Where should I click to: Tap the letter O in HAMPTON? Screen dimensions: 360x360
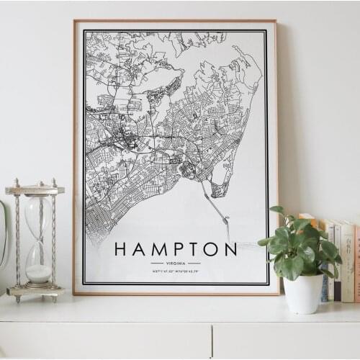210,250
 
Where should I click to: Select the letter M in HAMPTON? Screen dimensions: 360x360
156,250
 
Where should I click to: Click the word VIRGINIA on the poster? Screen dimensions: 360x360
176,263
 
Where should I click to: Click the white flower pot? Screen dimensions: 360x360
303,293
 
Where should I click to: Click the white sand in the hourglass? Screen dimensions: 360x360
38,273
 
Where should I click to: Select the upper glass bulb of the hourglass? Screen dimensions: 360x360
37,216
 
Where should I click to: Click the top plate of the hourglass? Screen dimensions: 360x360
35,189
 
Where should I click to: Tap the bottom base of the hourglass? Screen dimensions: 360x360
36,292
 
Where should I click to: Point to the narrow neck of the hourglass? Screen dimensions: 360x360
37,241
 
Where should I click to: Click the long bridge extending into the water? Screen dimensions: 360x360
217,209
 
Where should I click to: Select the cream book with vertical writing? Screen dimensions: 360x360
347,263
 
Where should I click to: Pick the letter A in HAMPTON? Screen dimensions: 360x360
139,250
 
